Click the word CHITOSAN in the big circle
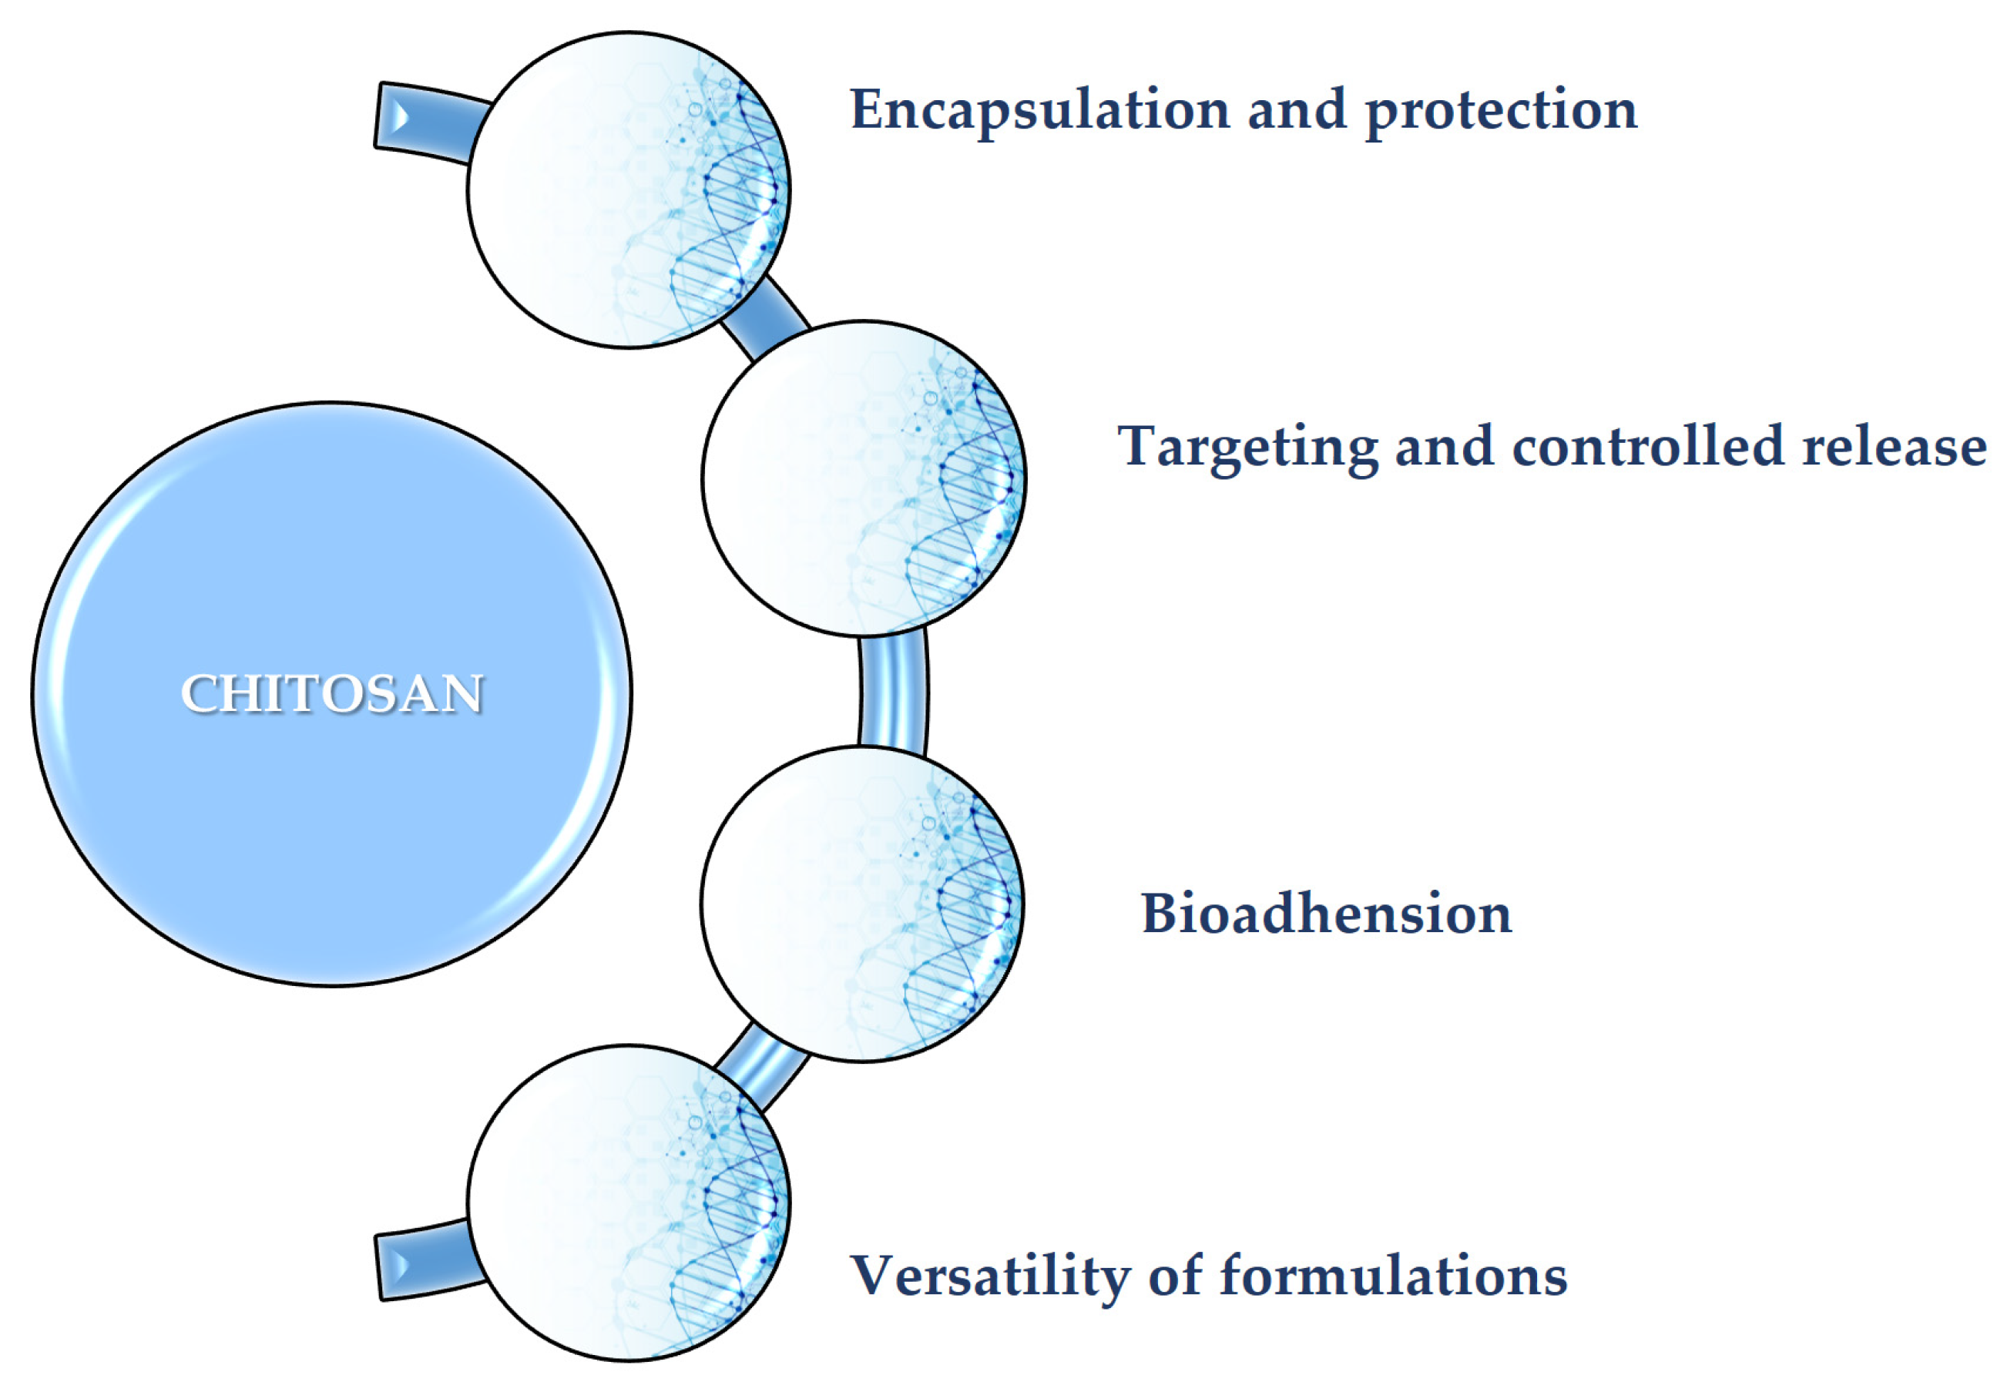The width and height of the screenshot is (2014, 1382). click(x=332, y=693)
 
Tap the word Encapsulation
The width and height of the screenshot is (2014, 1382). click(x=1040, y=111)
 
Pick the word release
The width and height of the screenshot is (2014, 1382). click(x=1895, y=448)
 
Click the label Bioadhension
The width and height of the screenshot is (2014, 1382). click(x=1327, y=914)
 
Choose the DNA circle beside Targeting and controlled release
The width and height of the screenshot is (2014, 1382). click(x=864, y=478)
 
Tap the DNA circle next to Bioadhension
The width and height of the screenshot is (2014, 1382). click(x=863, y=904)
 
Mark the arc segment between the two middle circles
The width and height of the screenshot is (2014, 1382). click(x=894, y=690)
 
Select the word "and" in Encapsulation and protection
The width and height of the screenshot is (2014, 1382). click(x=1297, y=110)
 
